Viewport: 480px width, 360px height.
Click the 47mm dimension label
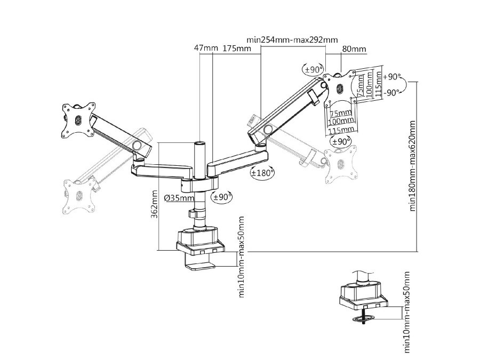pos(206,49)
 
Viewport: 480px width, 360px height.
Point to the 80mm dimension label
pos(354,50)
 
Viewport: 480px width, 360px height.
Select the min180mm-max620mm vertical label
pos(412,165)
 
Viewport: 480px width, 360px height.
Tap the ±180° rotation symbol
pos(262,172)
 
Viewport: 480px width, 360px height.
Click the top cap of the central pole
pos(201,143)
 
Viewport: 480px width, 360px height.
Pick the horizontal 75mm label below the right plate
pos(341,113)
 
